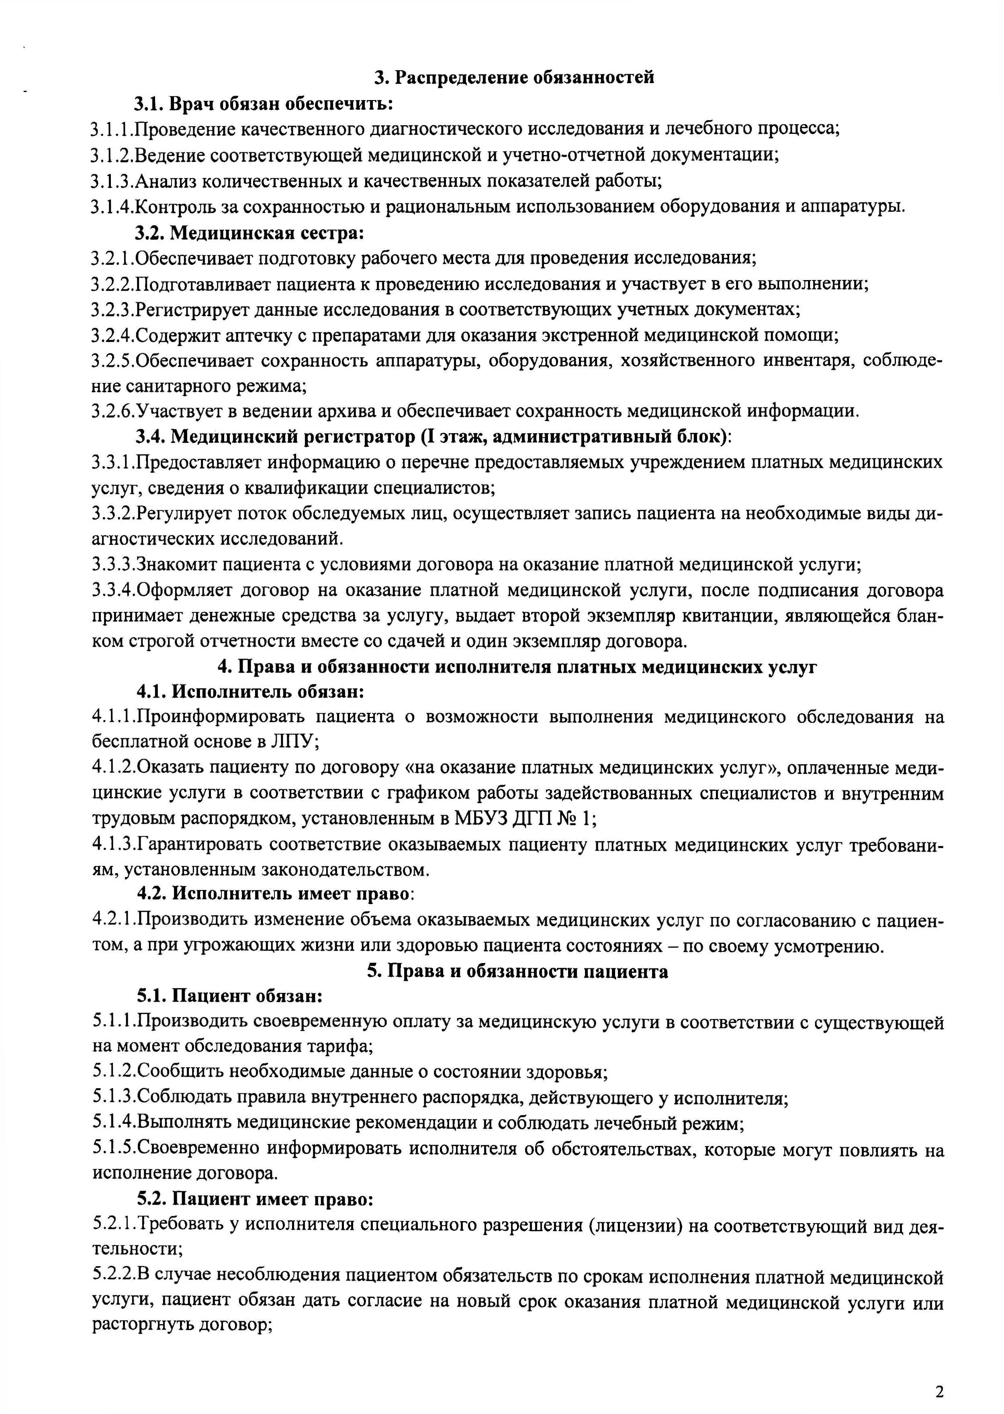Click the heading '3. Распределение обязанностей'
(x=514, y=77)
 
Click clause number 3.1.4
(x=112, y=207)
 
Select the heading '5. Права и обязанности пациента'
(x=517, y=971)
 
